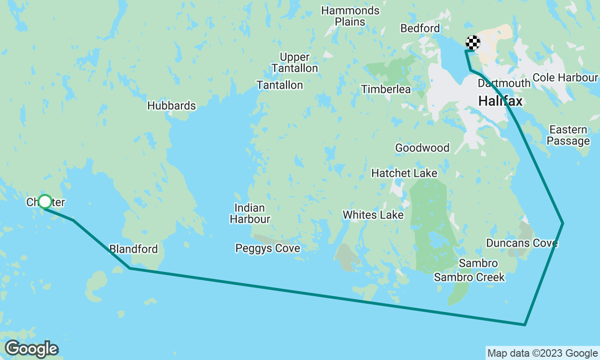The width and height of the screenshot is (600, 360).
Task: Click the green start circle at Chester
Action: click(x=45, y=202)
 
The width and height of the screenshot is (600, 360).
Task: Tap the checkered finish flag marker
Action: click(x=472, y=43)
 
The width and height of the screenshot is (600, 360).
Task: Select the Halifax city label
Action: click(x=500, y=101)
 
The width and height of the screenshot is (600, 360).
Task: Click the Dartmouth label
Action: click(x=504, y=83)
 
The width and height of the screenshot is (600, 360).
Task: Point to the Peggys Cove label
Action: click(x=268, y=248)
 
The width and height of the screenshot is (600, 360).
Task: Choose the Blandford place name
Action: click(x=133, y=249)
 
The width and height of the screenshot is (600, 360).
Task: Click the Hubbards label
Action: click(x=172, y=106)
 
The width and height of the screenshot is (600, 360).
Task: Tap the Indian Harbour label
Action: click(x=250, y=213)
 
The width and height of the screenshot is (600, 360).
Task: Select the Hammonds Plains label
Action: click(x=350, y=16)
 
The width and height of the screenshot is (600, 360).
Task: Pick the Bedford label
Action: click(x=420, y=29)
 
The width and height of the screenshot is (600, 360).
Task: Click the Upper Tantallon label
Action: click(x=295, y=63)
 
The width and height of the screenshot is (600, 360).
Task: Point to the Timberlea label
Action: click(x=386, y=89)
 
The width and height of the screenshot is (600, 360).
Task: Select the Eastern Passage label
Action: click(x=568, y=135)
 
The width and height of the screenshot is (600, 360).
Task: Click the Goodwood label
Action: click(x=422, y=148)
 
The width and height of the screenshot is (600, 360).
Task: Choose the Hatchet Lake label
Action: click(x=404, y=173)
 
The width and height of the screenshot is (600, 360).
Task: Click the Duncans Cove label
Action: click(x=522, y=243)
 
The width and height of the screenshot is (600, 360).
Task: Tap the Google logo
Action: click(x=31, y=349)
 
